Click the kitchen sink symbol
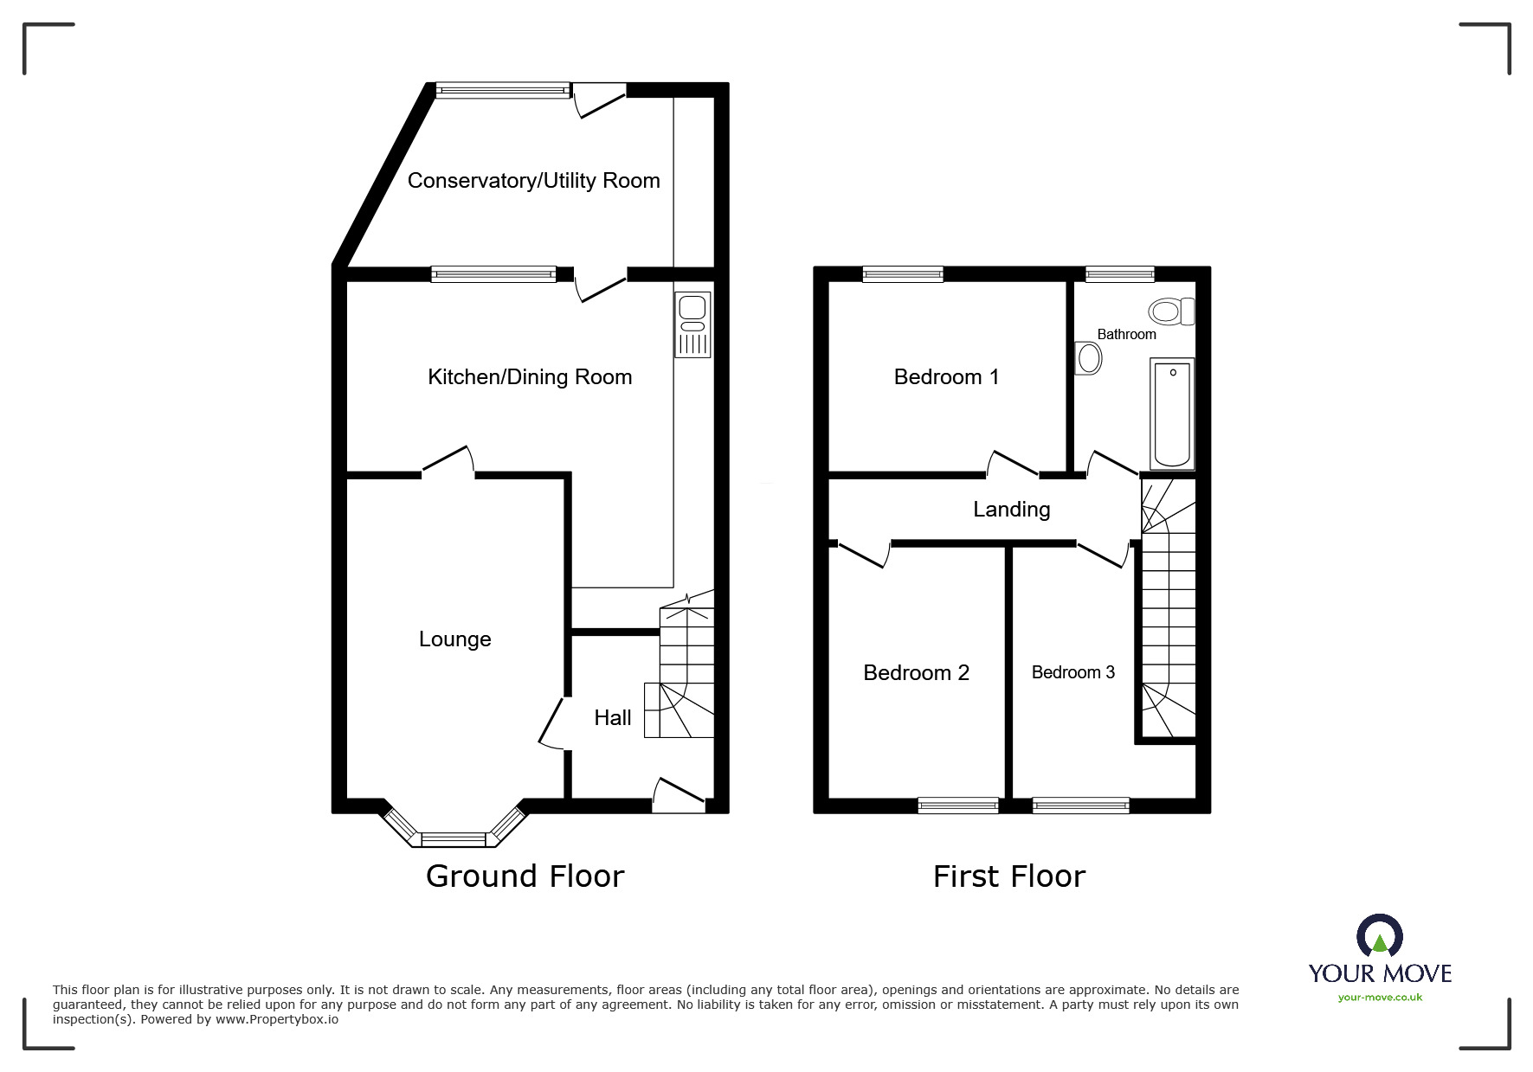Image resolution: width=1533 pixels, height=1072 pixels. [692, 324]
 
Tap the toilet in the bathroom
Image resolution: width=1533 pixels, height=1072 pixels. [1171, 311]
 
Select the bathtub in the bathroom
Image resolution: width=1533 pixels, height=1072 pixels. [1173, 414]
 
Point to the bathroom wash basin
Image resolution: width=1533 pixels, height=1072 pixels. [1088, 357]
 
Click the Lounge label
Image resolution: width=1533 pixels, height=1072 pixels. [454, 639]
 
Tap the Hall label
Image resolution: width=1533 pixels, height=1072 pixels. [612, 717]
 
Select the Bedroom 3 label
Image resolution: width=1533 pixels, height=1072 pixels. [1072, 672]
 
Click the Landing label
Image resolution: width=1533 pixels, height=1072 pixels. [1011, 510]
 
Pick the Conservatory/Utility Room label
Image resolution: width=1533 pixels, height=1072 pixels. [533, 181]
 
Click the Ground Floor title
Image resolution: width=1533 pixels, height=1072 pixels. [525, 876]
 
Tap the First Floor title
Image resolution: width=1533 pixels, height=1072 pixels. [1008, 876]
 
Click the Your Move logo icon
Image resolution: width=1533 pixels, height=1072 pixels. [1379, 938]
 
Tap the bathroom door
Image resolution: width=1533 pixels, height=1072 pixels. [1112, 464]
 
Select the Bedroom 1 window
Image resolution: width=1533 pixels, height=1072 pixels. [902, 274]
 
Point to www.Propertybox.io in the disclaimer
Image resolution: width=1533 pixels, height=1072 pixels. [276, 1019]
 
